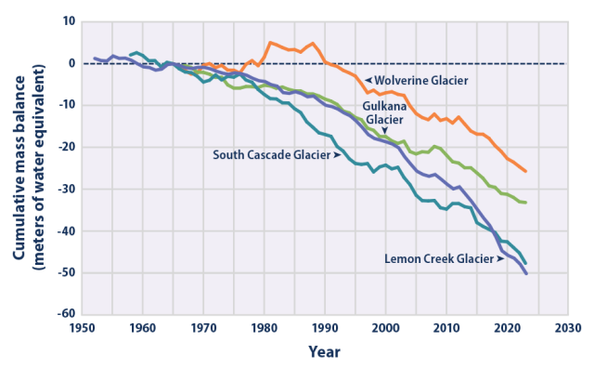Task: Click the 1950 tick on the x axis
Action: (82, 328)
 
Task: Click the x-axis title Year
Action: (325, 352)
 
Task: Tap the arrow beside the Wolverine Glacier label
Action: (368, 81)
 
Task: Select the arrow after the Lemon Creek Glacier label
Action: (501, 259)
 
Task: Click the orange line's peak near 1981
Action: (270, 42)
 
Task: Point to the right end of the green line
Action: (526, 203)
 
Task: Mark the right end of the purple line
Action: (526, 274)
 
